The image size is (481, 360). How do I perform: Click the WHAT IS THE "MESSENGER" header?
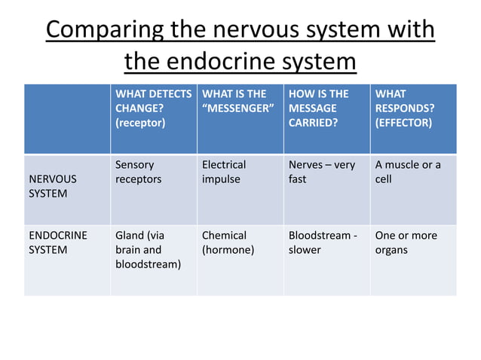tap(237, 101)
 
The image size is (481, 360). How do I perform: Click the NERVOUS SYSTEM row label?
tap(53, 187)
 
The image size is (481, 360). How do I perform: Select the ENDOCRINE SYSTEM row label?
tap(58, 243)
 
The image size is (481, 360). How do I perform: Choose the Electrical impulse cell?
tap(225, 172)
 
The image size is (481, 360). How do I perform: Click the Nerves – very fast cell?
tap(322, 172)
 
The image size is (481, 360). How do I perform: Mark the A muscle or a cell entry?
tap(407, 172)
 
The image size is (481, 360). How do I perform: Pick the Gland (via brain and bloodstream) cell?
tap(148, 250)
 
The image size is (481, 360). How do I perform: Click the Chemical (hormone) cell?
tap(228, 243)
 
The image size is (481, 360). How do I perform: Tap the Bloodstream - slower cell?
tap(323, 243)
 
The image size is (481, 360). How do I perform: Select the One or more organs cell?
tap(406, 243)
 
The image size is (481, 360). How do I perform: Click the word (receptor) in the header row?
tap(140, 123)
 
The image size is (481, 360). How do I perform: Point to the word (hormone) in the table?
tap(228, 250)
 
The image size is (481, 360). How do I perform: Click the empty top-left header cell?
tap(67, 118)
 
